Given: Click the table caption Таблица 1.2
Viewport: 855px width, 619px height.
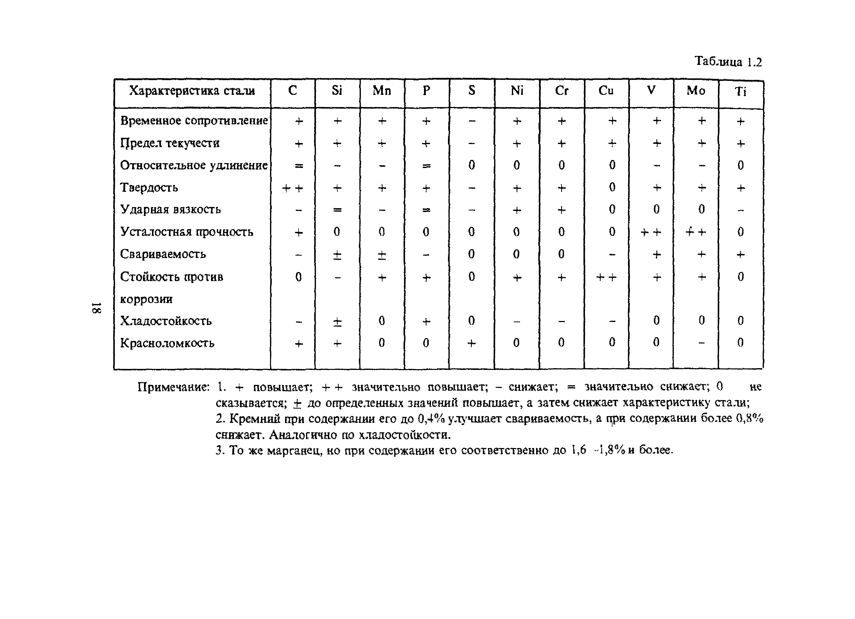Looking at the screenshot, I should [x=728, y=61].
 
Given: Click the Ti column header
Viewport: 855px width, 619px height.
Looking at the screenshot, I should [x=740, y=92].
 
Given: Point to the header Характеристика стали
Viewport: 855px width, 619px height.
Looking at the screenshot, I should [x=192, y=91].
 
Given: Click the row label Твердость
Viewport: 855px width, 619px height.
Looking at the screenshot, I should [x=149, y=187].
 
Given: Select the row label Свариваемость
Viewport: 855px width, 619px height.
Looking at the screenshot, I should [x=163, y=254].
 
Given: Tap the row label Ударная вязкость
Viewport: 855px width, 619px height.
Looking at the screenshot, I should [x=170, y=209].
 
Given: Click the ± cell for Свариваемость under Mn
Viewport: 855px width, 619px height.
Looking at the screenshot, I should [x=382, y=255].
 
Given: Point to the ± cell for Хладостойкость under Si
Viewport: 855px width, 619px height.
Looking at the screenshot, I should [x=337, y=321].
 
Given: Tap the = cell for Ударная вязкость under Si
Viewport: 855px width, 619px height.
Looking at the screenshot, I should [x=337, y=210].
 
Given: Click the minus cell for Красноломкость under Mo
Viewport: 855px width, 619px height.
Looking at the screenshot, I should [x=701, y=343].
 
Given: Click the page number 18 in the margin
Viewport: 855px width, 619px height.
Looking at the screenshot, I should [x=96, y=308].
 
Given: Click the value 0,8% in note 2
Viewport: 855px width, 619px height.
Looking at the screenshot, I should [x=749, y=418].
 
